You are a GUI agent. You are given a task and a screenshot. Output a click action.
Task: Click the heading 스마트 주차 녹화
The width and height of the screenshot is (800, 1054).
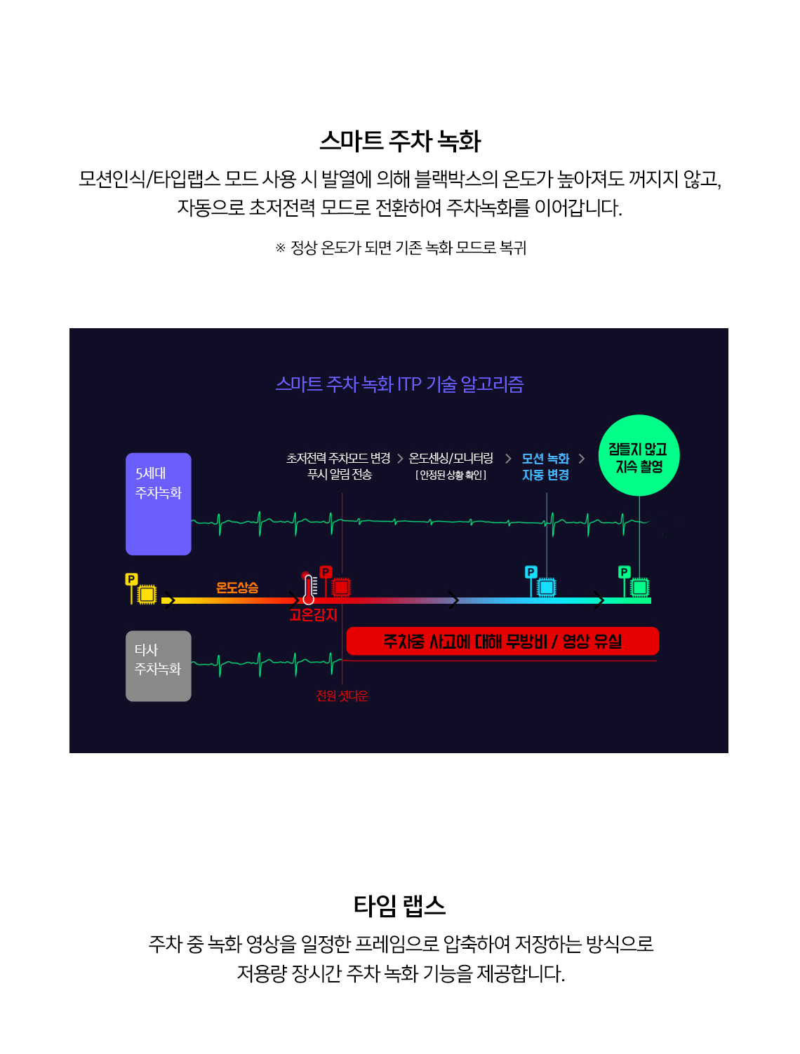pyautogui.click(x=400, y=141)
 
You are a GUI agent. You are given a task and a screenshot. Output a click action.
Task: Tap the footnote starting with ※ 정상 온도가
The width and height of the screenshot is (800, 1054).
pyautogui.click(x=401, y=248)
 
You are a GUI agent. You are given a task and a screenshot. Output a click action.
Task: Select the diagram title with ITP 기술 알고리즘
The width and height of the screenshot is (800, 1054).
pyautogui.click(x=399, y=384)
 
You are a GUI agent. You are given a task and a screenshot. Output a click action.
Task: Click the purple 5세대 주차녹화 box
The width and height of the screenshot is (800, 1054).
pyautogui.click(x=158, y=504)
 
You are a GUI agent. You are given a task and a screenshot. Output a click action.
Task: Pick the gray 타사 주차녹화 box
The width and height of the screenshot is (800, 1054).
pyautogui.click(x=158, y=665)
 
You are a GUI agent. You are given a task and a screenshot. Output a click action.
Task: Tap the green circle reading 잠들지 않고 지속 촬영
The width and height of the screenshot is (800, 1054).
pyautogui.click(x=639, y=455)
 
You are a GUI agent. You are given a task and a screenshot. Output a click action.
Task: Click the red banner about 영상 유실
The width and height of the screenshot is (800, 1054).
pyautogui.click(x=502, y=640)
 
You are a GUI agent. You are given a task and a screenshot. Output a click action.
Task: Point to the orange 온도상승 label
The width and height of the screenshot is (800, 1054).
pyautogui.click(x=237, y=587)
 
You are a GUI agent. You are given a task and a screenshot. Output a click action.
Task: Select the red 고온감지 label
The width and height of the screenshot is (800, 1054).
pyautogui.click(x=313, y=614)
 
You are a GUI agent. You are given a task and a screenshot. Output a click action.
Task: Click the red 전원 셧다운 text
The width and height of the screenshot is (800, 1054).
pyautogui.click(x=342, y=696)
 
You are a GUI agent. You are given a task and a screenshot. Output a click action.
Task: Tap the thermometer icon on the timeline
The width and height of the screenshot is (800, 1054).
pyautogui.click(x=309, y=588)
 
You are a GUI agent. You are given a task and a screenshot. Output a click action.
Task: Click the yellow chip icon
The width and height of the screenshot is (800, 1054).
pyautogui.click(x=147, y=595)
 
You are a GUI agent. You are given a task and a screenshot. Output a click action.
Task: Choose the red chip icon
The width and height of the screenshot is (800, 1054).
pyautogui.click(x=341, y=587)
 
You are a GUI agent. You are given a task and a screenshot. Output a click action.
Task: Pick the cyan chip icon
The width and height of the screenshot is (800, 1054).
pyautogui.click(x=546, y=587)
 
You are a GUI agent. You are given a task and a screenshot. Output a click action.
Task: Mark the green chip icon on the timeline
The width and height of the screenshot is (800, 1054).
pyautogui.click(x=639, y=587)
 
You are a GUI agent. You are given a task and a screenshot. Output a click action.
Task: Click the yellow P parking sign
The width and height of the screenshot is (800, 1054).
pyautogui.click(x=131, y=579)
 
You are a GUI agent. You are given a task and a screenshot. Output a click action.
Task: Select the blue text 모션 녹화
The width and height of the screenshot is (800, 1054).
pyautogui.click(x=545, y=459)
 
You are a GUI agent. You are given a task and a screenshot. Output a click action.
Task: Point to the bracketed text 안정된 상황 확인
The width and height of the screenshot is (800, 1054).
pyautogui.click(x=451, y=475)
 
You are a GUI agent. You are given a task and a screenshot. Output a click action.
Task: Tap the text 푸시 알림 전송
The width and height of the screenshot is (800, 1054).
pyautogui.click(x=339, y=475)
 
